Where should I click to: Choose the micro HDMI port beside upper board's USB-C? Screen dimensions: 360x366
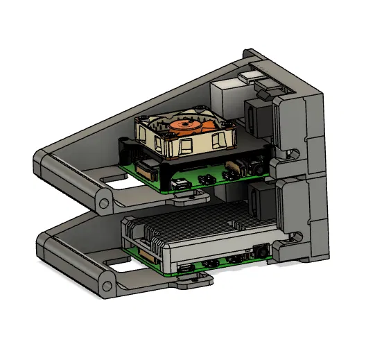coord(206,180)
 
